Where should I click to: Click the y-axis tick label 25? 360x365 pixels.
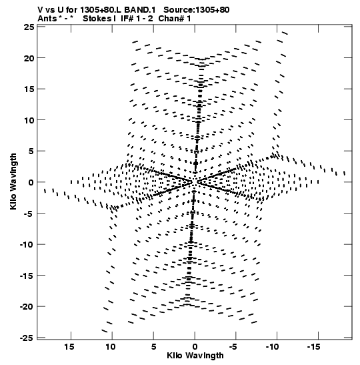[29, 27]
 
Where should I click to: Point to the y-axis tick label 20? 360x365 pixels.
[29, 58]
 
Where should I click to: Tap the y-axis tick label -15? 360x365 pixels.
[27, 276]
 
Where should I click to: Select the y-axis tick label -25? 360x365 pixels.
[27, 338]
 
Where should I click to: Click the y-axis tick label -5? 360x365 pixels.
[29, 214]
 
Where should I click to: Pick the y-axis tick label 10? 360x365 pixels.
[29, 120]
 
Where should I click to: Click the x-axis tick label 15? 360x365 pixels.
[69, 347]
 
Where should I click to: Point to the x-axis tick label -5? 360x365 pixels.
[233, 347]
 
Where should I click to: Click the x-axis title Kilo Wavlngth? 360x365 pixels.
[195, 356]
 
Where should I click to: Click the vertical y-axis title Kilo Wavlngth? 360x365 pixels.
[13, 181]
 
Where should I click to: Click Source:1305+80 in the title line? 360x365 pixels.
[196, 10]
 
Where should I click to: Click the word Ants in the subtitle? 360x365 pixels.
[47, 19]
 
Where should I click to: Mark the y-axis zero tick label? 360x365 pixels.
[31, 183]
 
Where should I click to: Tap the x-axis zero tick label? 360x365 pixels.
[195, 347]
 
